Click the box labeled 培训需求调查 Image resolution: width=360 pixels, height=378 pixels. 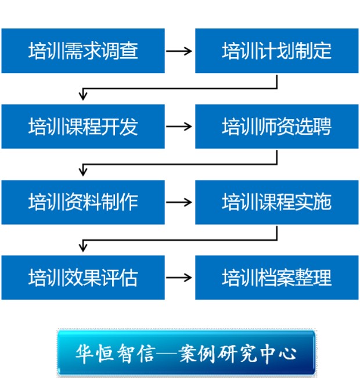83,51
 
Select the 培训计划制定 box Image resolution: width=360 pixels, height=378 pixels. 276,51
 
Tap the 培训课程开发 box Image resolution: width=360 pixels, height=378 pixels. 83,127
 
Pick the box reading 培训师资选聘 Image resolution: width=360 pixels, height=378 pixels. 276,127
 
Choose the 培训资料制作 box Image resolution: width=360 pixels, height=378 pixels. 83,202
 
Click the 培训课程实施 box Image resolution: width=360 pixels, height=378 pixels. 276,202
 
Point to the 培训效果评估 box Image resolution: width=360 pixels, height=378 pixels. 83,278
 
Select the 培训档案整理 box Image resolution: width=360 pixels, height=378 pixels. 276,278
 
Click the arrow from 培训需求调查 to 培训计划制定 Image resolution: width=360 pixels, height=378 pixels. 179,51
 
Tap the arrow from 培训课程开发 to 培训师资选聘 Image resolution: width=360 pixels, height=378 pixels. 179,127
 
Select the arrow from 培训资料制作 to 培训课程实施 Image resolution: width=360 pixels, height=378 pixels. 179,202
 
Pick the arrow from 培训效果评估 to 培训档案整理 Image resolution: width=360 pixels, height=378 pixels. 179,278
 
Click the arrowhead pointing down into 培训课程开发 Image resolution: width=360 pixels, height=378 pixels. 83,96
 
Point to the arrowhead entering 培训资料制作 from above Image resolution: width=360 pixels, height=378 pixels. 83,171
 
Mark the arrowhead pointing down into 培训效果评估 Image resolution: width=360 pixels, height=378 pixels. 83,247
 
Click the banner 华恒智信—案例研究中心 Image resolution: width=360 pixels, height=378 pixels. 186,353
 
